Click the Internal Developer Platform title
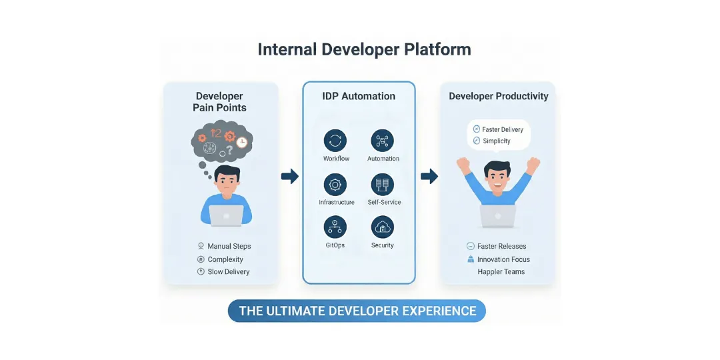(x=364, y=50)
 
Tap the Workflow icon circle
(x=335, y=141)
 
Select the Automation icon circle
(x=382, y=141)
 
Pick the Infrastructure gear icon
(x=335, y=184)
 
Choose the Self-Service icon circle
(x=382, y=184)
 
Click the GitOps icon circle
(x=335, y=227)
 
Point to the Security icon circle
(x=382, y=227)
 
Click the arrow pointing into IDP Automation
(x=289, y=176)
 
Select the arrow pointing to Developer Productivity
(x=429, y=176)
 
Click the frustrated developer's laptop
(x=226, y=215)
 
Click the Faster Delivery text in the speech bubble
(x=503, y=129)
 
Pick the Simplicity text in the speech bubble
(x=496, y=141)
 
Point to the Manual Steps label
(x=229, y=246)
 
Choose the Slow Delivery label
(x=228, y=271)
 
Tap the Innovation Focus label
(x=503, y=259)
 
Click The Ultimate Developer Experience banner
(x=357, y=311)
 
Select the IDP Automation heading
(x=359, y=96)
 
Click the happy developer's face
(x=497, y=177)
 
